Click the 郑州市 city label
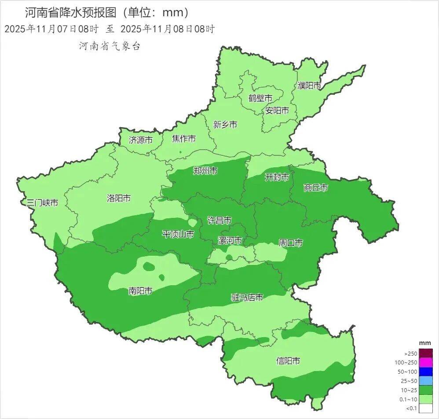click(205, 171)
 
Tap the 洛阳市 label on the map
click(119, 198)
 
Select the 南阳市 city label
click(140, 291)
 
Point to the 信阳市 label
click(288, 361)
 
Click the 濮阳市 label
click(309, 85)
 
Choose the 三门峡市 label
click(42, 203)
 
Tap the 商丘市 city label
click(316, 187)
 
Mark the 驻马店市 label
click(247, 298)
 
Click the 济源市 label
click(141, 140)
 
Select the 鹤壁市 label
click(260, 98)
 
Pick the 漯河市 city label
click(230, 240)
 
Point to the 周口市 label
click(291, 243)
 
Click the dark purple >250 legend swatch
click(426, 353)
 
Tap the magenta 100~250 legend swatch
click(426, 363)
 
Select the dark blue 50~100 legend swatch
click(426, 372)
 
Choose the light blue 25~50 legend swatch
click(426, 381)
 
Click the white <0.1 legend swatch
click(426, 409)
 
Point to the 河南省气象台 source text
click(110, 46)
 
